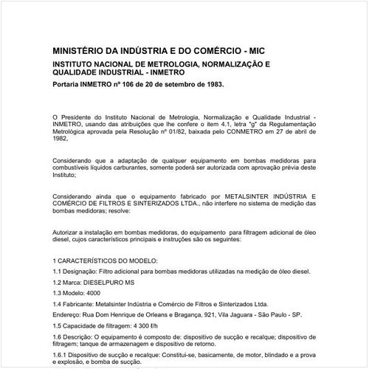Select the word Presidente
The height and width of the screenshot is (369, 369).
coord(83,117)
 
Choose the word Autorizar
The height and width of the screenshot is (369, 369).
coord(69,232)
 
